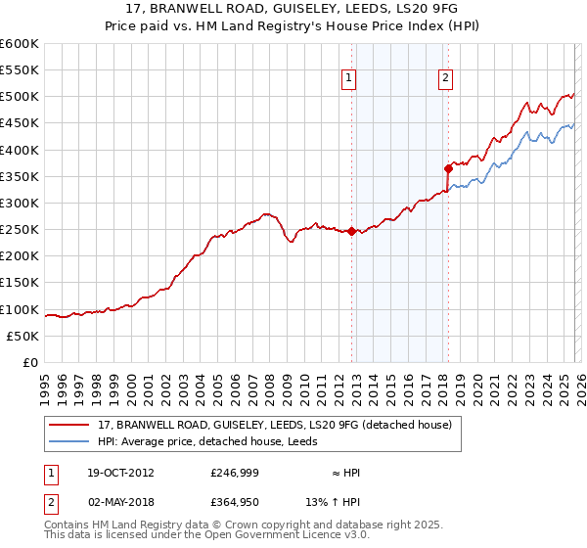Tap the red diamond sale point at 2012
click(351, 231)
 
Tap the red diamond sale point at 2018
click(448, 168)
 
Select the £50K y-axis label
click(23, 336)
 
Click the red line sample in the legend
click(69, 425)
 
